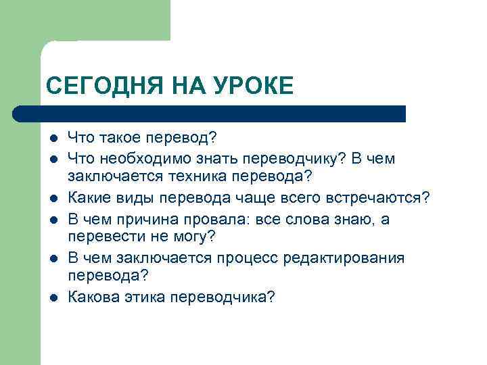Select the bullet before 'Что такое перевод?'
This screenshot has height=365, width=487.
[52, 140]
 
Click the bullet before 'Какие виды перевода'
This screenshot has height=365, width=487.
[52, 199]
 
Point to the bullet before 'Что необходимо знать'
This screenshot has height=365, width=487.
[52, 160]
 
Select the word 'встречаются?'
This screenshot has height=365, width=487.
[384, 198]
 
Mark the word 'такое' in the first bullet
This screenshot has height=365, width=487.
[122, 139]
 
